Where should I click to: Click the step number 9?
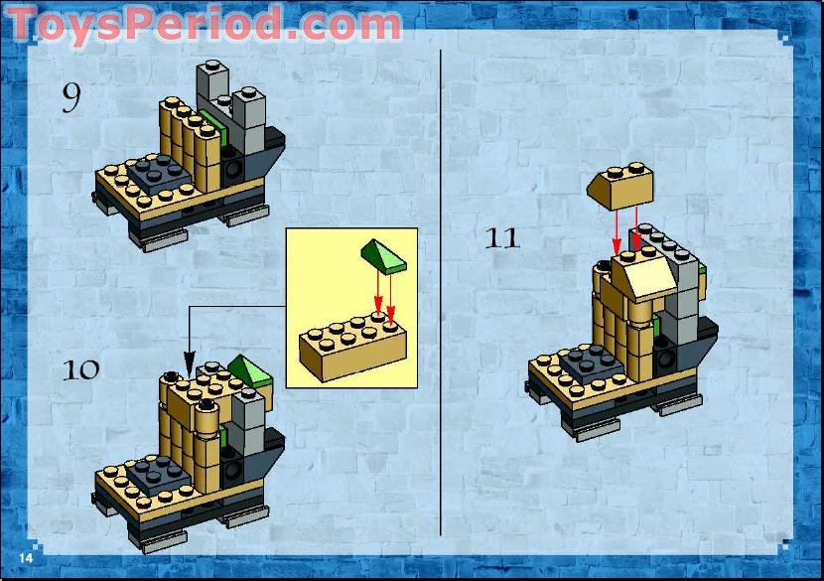click(71, 97)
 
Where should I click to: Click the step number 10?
click(81, 369)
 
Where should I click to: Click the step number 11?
click(502, 238)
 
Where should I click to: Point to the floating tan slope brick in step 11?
click(620, 186)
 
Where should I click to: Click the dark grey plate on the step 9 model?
click(158, 174)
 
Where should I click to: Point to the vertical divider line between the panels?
click(440, 288)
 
